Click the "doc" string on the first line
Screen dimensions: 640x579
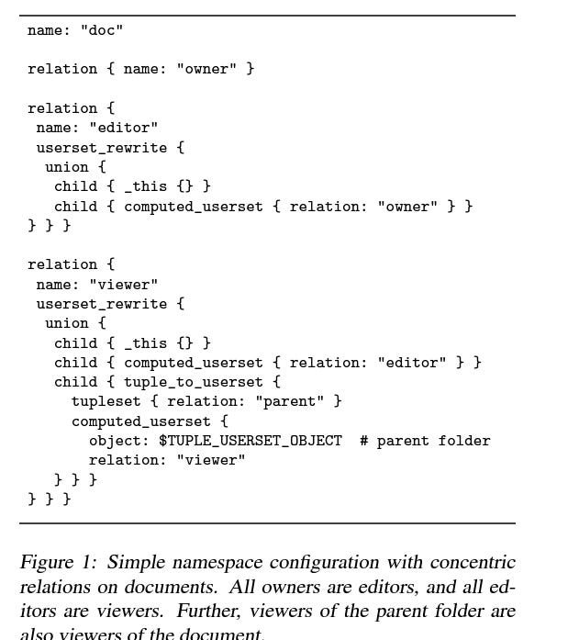click(x=101, y=30)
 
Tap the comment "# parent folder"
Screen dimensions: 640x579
click(x=425, y=441)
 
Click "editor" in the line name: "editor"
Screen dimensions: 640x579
click(x=123, y=128)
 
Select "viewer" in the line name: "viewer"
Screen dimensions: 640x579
click(x=123, y=285)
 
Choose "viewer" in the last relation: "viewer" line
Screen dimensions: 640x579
click(x=211, y=460)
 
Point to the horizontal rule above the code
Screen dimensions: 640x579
click(x=267, y=16)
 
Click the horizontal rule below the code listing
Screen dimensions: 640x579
click(x=267, y=523)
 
